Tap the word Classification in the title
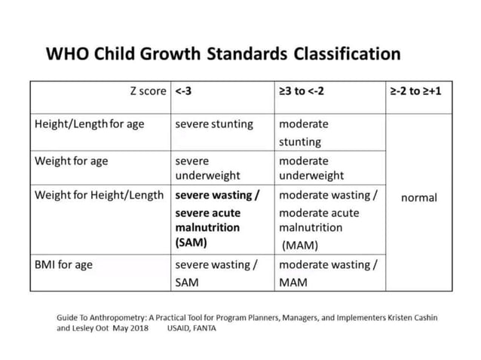[347, 54]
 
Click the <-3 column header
[183, 91]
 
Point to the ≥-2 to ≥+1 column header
[417, 91]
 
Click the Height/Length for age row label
[89, 124]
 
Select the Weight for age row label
[72, 160]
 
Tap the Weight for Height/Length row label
[99, 195]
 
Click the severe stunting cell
[214, 124]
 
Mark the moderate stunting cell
[303, 133]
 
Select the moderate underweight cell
[311, 168]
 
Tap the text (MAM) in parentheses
[300, 245]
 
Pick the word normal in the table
[418, 197]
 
